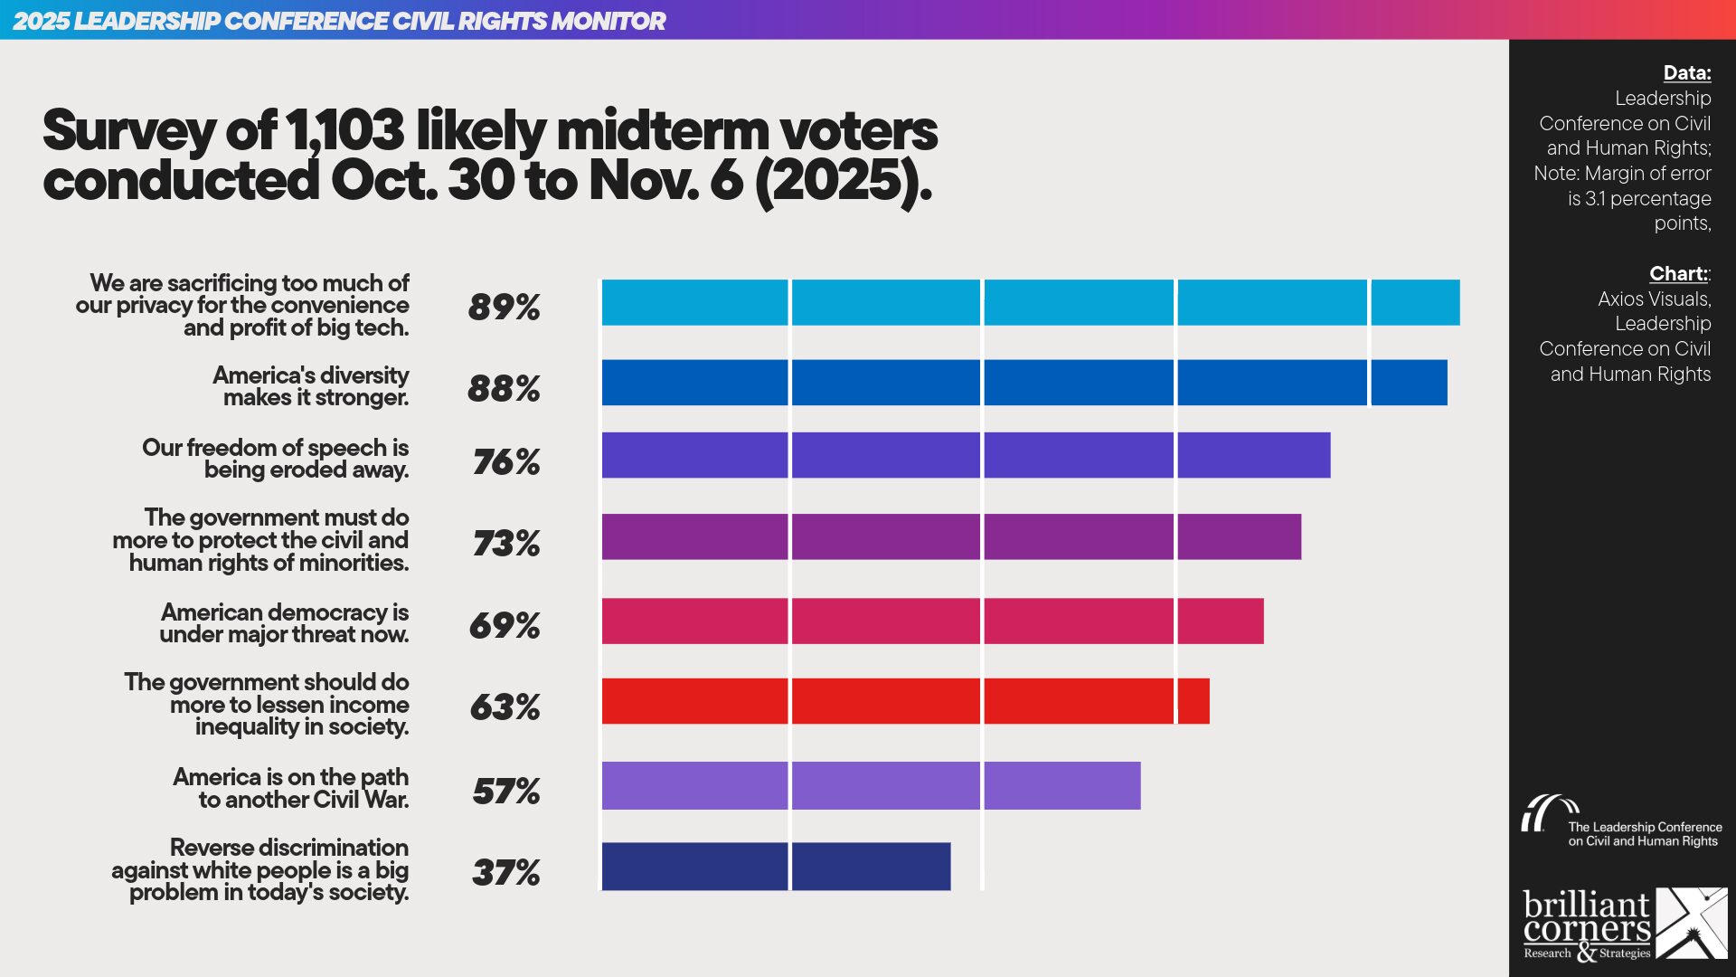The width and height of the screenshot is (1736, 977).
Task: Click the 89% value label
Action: click(504, 308)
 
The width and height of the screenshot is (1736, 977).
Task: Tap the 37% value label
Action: click(505, 873)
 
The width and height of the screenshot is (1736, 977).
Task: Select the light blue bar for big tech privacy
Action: click(1030, 302)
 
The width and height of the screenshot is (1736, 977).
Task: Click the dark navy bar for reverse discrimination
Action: click(776, 867)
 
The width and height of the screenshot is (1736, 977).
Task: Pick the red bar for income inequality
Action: click(905, 701)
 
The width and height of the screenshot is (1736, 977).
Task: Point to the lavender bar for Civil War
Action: click(871, 785)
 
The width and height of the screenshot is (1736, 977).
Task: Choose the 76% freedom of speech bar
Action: click(966, 455)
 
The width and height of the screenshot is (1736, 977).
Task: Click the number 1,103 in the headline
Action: click(344, 130)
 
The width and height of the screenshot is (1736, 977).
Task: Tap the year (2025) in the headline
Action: click(842, 181)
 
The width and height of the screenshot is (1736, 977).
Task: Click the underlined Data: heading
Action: click(1686, 73)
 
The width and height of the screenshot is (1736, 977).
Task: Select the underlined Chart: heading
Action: click(1678, 273)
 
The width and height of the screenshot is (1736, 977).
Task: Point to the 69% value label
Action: click(505, 625)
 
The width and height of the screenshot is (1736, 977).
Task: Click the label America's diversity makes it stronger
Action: click(311, 386)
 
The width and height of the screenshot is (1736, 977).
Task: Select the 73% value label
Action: click(505, 544)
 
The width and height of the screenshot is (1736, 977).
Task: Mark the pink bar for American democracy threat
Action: click(932, 621)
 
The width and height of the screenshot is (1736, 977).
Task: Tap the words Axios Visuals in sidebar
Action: click(1654, 299)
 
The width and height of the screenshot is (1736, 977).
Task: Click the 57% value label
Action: click(505, 792)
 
